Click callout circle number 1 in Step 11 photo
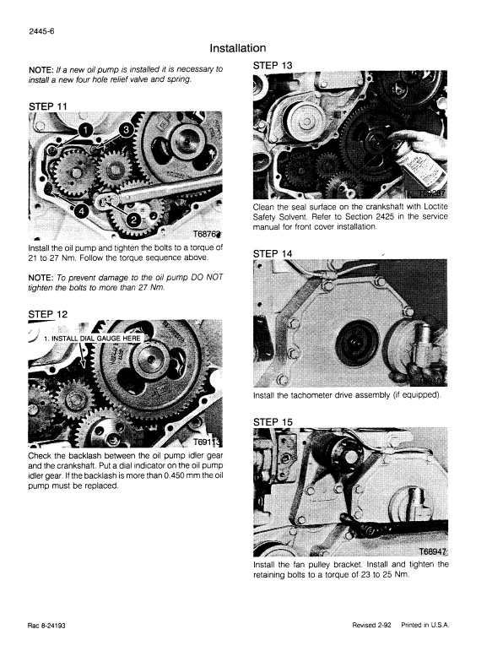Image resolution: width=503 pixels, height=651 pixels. [x=85, y=128]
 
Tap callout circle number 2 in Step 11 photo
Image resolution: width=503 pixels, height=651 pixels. [x=133, y=220]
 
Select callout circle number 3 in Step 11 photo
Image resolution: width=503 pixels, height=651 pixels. [x=125, y=129]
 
